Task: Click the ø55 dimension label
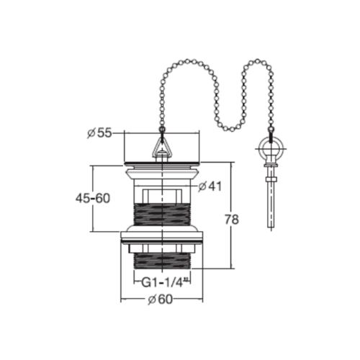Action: [99, 133]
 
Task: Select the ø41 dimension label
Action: [210, 186]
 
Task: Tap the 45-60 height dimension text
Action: [93, 199]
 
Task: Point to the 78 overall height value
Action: [232, 220]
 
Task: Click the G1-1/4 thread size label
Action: [164, 282]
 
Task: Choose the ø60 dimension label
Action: [160, 300]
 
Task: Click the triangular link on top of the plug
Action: [162, 145]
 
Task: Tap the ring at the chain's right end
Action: [271, 149]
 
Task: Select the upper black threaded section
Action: [162, 215]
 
